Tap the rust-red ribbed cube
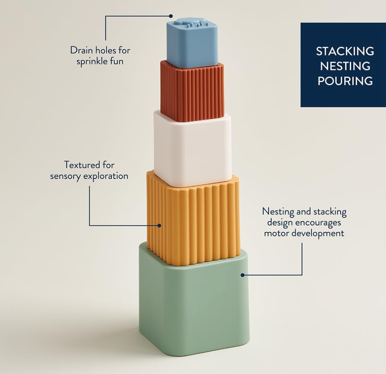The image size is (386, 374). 192,91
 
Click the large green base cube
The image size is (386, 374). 194,307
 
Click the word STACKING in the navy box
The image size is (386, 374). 345,51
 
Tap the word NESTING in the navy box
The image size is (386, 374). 345,66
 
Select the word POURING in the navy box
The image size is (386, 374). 345,81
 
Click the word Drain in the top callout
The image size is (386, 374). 81,50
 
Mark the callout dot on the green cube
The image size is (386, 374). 242,275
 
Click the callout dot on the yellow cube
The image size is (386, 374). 159,226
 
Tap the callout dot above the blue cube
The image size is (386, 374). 171,16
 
